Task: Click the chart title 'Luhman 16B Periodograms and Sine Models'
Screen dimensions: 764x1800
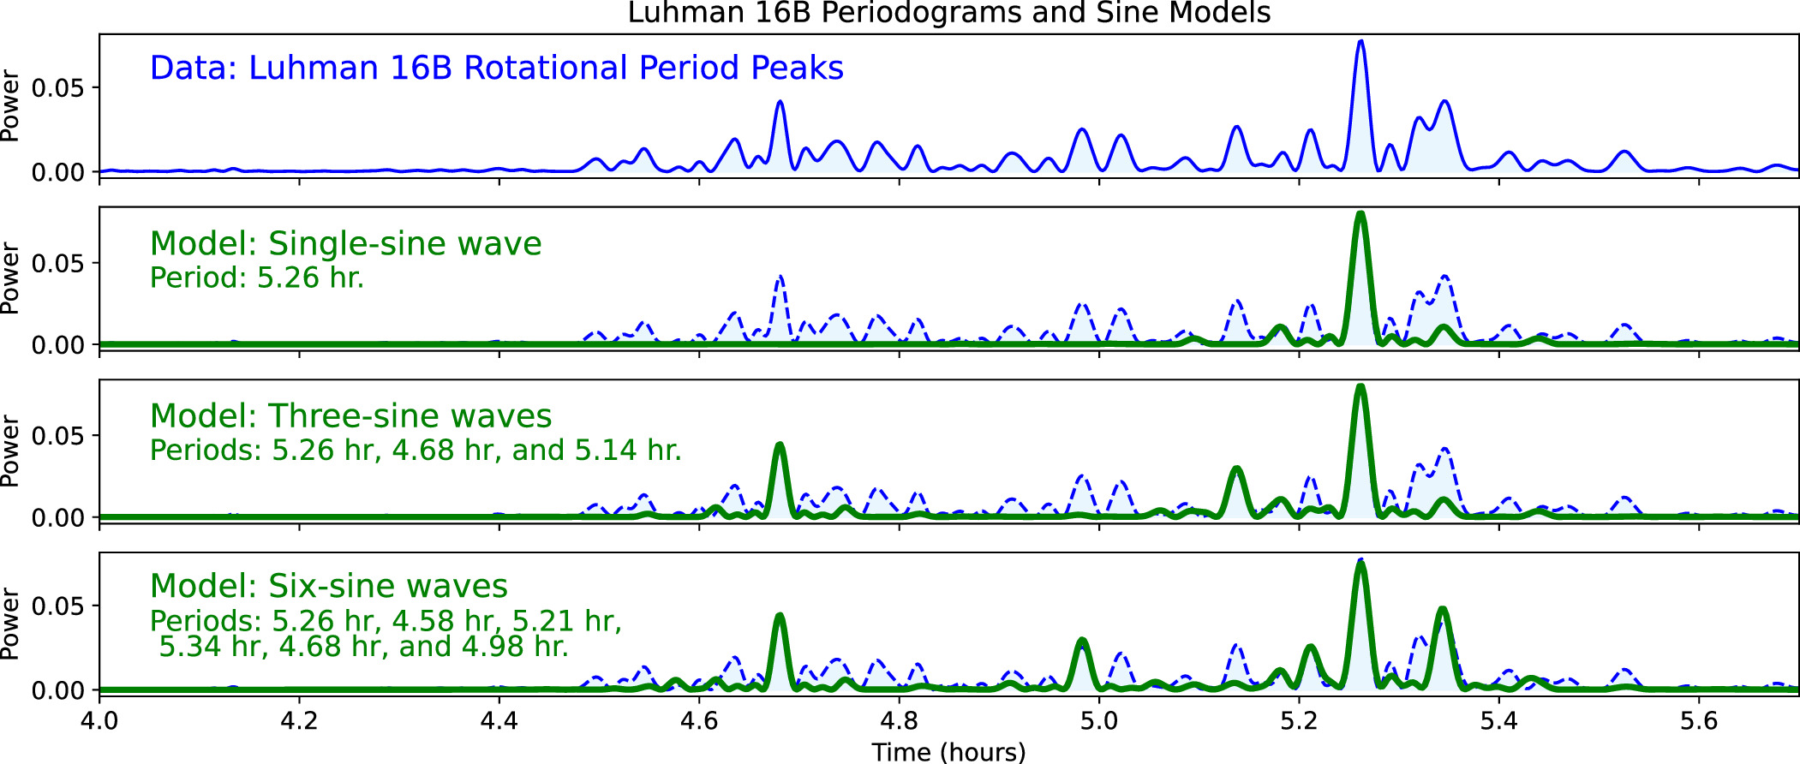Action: tap(948, 13)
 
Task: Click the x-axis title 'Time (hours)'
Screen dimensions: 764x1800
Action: tap(948, 751)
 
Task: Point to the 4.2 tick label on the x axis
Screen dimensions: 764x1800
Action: tap(299, 720)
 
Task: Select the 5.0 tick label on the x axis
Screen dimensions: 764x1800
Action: tap(1099, 720)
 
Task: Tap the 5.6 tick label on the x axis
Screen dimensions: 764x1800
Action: tap(1699, 720)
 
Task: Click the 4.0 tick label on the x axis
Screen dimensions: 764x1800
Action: tap(99, 720)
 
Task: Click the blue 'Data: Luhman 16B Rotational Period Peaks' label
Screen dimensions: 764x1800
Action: tap(496, 68)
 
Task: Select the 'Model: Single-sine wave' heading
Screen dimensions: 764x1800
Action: tap(345, 243)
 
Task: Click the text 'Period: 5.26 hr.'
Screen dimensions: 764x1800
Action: tap(257, 278)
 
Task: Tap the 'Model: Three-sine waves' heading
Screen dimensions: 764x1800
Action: tap(350, 415)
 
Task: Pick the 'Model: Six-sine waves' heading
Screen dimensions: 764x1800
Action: tap(328, 586)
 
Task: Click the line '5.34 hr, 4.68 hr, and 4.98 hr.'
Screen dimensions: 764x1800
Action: tap(363, 646)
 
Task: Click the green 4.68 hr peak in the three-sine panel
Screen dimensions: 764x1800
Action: tap(779, 446)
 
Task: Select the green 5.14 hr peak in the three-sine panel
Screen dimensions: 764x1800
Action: tap(1236, 470)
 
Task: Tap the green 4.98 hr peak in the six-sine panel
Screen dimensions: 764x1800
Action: tap(1082, 642)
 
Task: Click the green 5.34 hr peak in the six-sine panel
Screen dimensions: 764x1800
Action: tap(1443, 611)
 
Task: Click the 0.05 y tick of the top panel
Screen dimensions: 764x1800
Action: tap(58, 88)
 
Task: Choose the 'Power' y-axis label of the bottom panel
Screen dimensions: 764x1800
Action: tap(10, 624)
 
